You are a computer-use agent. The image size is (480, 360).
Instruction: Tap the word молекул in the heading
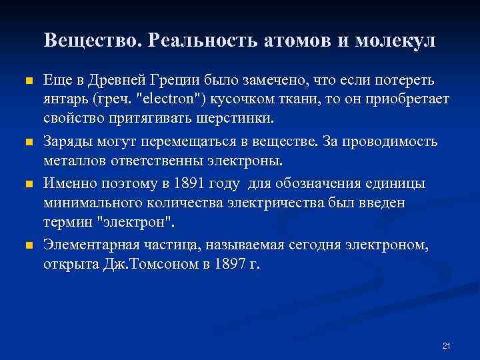pos(395,41)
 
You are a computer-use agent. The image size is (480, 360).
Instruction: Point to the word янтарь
pos(65,99)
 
